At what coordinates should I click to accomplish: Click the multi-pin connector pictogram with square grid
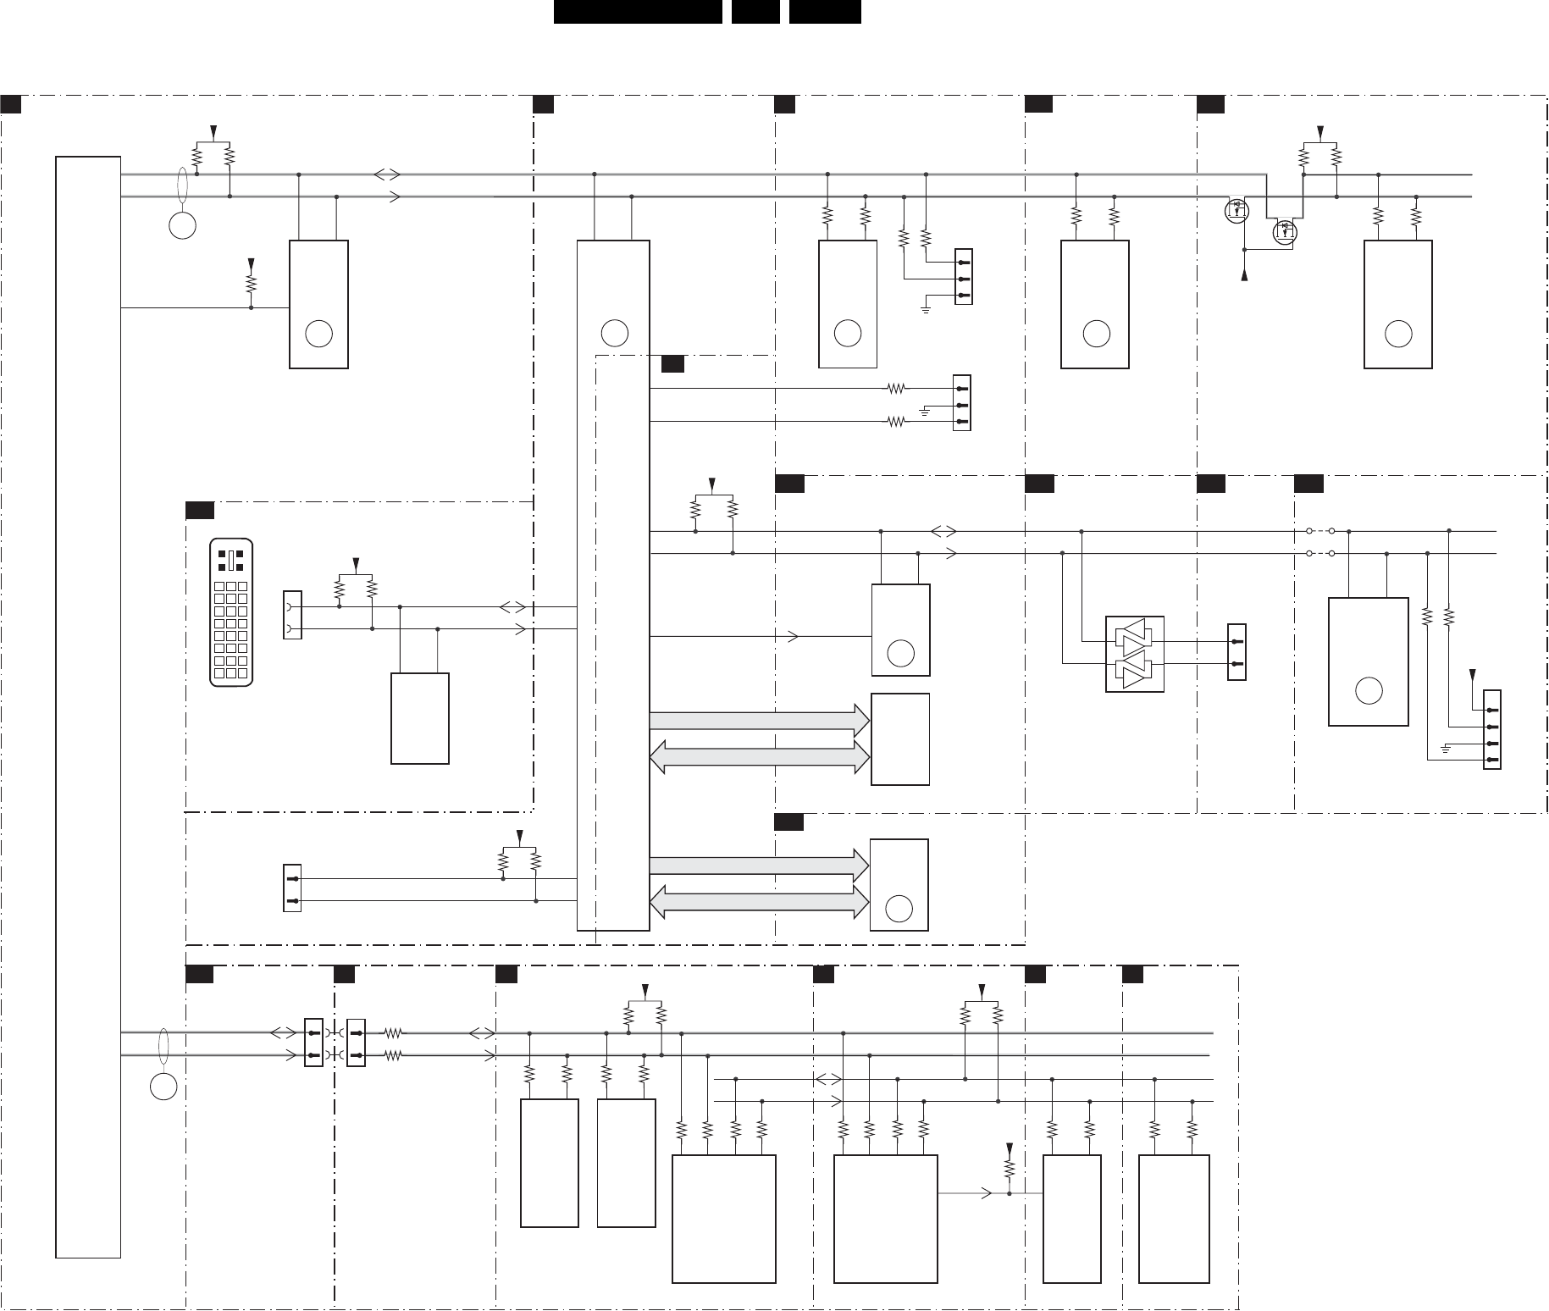231,612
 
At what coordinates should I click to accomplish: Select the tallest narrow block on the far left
88,706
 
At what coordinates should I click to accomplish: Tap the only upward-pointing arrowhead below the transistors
1244,275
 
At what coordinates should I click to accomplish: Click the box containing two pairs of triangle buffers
1135,654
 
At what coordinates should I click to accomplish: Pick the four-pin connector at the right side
1491,735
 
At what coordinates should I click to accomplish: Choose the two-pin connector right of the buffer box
1236,653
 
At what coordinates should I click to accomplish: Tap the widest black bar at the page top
638,11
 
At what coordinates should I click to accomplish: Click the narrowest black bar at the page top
755,11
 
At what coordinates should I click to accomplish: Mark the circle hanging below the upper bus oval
183,225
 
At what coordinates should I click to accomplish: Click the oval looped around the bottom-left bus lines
163,1043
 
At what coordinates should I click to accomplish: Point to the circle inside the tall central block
614,334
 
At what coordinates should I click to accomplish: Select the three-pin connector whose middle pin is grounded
962,402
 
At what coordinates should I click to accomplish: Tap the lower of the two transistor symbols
1285,230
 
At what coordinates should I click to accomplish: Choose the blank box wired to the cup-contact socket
420,718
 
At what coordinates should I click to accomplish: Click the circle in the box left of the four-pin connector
1368,691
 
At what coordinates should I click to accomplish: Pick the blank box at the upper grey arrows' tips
900,738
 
